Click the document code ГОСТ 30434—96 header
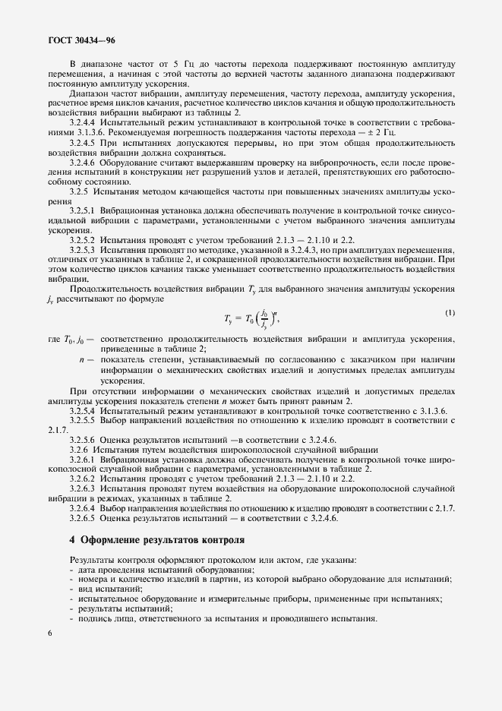coord(82,39)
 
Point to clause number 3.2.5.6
coord(83,441)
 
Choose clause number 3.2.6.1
coord(83,460)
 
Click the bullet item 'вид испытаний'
coord(99,589)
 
